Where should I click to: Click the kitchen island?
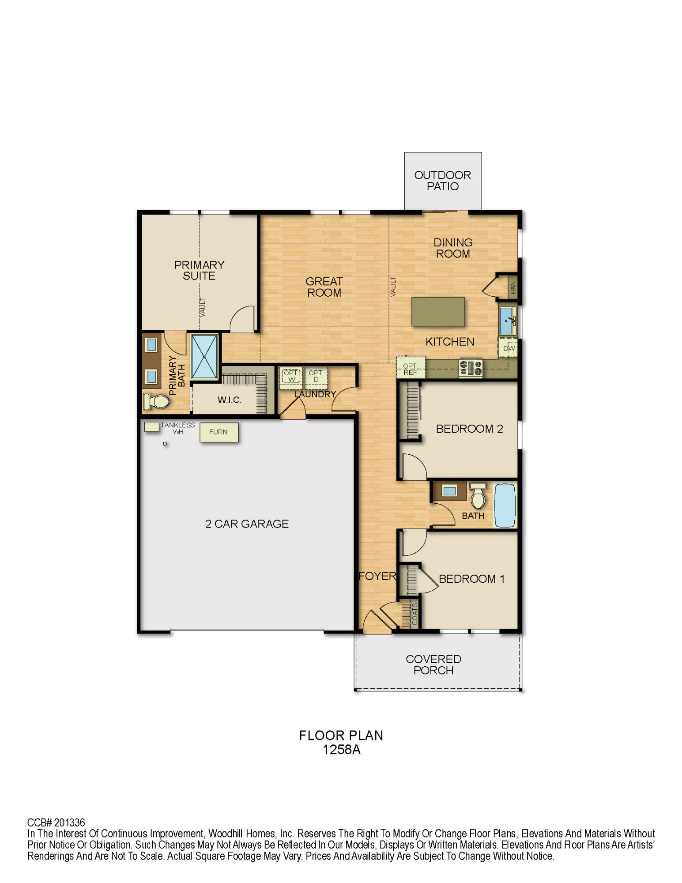(438, 312)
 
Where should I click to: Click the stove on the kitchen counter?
(471, 368)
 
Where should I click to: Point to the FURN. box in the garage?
(219, 432)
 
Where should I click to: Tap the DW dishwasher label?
(509, 348)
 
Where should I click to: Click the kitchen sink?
(507, 321)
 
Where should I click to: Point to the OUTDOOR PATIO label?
(442, 181)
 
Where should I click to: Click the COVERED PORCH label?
(433, 664)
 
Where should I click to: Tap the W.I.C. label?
(230, 400)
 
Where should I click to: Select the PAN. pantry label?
(512, 287)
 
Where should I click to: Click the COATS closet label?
(414, 614)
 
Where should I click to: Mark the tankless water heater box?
(151, 427)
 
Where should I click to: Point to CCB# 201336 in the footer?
(56, 823)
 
